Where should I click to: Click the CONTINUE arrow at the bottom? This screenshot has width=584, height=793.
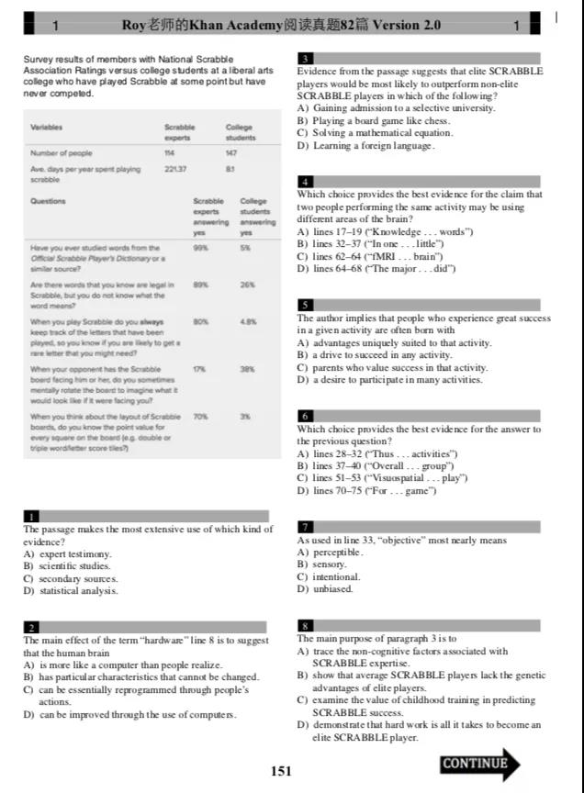point(480,764)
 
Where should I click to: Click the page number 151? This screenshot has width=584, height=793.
point(281,771)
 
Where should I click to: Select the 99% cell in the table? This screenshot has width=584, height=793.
point(200,248)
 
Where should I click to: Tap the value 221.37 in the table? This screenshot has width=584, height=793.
point(176,170)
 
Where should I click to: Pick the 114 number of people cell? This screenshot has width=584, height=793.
point(169,153)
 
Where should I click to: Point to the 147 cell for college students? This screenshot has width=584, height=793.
point(231,153)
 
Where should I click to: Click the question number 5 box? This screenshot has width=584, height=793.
point(306,305)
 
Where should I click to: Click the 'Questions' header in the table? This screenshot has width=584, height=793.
point(49,201)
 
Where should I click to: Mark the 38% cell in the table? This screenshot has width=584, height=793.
point(246,369)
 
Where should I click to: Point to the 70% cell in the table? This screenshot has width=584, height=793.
point(200,417)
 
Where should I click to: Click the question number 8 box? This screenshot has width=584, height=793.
point(306,625)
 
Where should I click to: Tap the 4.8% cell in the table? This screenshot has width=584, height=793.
point(248,321)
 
